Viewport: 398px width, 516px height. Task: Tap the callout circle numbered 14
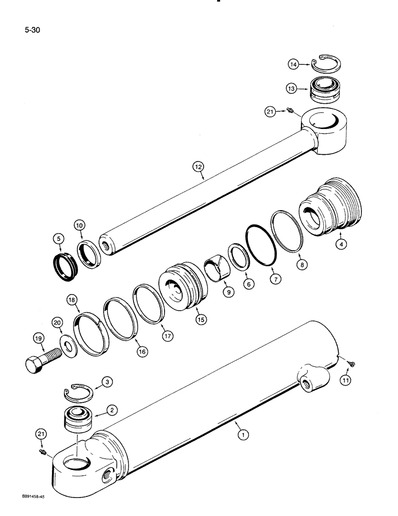tap(293, 64)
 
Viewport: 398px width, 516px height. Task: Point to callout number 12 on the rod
tap(198, 167)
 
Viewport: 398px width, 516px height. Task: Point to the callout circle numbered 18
tap(71, 300)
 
